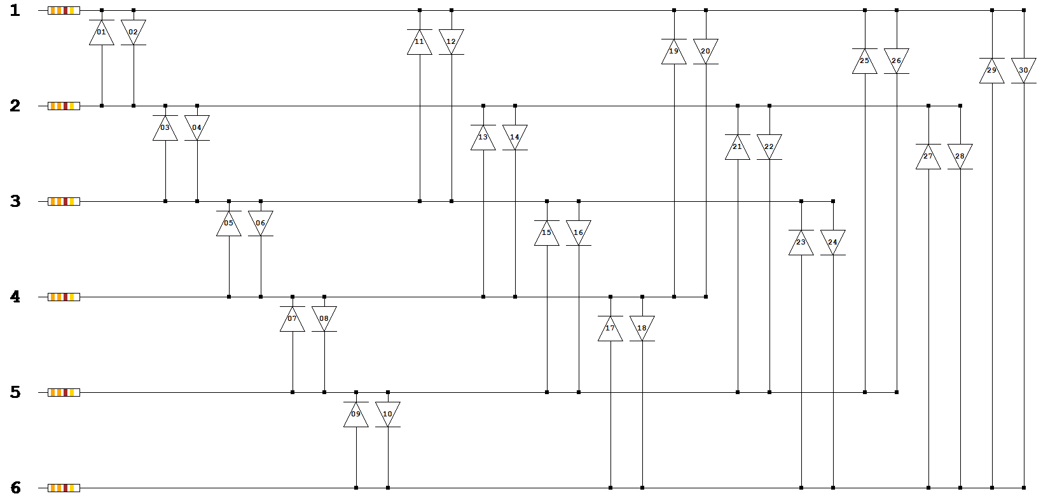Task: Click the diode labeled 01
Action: pos(102,32)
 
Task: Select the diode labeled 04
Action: pos(197,128)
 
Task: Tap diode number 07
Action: pos(293,319)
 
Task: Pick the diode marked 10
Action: pos(388,414)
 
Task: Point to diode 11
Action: pos(420,42)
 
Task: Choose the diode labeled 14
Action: pos(515,138)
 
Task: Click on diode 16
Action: pos(579,233)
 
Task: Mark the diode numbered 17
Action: pos(610,329)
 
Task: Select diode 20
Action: pos(706,52)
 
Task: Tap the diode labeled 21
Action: pos(738,147)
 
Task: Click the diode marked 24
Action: pos(833,243)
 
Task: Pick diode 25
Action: pos(865,61)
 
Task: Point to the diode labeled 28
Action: pos(960,157)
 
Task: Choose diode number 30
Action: pos(1024,71)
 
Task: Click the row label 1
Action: pos(16,10)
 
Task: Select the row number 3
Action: pos(16,201)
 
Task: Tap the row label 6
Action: pos(16,488)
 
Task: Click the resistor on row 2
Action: pos(64,106)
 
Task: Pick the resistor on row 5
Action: pos(64,392)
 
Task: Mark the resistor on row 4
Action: pos(64,297)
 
